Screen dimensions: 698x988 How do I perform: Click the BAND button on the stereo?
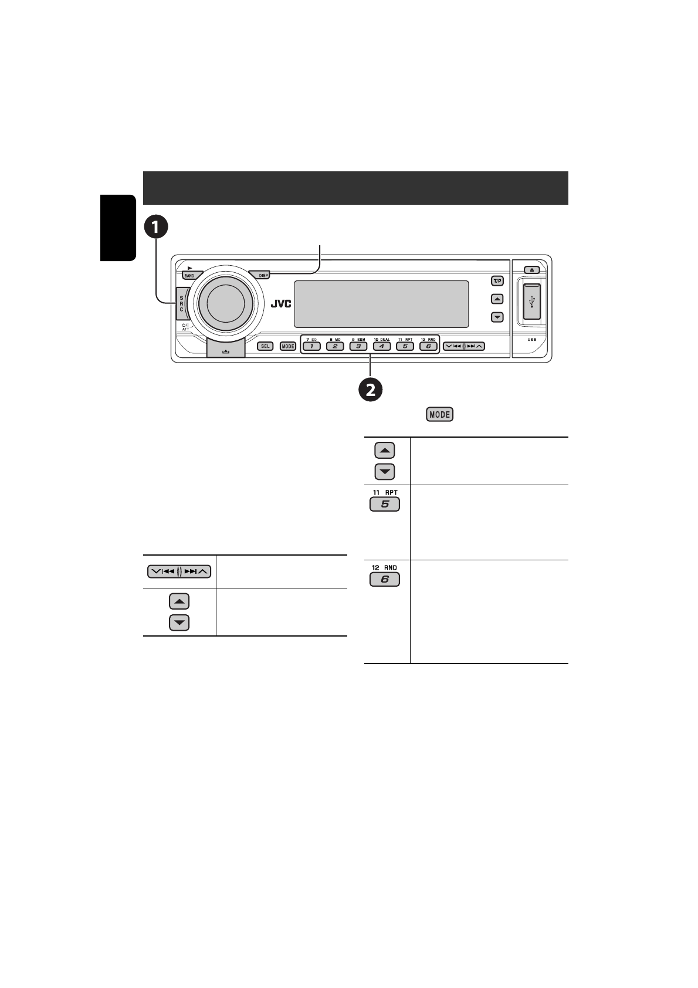coord(189,275)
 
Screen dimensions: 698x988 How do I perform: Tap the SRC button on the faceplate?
coord(181,303)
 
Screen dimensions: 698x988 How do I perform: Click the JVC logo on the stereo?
coord(280,304)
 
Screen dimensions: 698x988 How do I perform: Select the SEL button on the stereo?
coord(266,346)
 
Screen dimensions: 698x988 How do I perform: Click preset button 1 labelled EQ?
coord(311,346)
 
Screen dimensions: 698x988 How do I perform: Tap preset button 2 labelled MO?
coord(335,346)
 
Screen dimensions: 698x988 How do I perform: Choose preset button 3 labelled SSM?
coord(358,346)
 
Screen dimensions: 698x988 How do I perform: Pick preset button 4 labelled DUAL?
coord(382,346)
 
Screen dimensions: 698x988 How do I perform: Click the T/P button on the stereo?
coord(497,281)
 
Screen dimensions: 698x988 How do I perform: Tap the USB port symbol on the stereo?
coord(531,302)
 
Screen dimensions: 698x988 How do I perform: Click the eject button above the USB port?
coord(531,270)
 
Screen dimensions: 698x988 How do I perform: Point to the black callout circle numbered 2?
coord(371,390)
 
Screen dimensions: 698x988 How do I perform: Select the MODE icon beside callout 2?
coord(440,414)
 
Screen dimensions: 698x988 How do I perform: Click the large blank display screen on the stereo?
coord(381,304)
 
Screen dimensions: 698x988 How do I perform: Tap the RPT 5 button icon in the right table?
coord(385,504)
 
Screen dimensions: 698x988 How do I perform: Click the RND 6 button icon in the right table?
coord(385,580)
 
